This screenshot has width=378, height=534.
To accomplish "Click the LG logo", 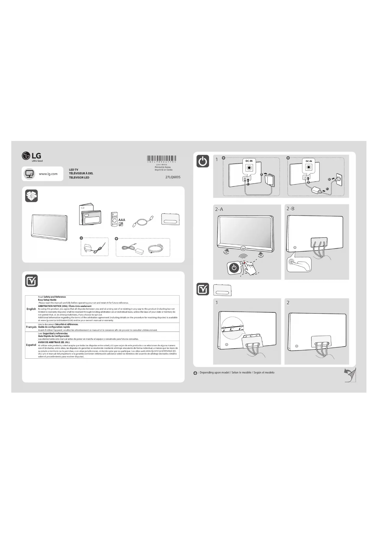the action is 32,156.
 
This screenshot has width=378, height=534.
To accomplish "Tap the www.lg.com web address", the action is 48,174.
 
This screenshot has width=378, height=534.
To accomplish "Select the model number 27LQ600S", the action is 173,177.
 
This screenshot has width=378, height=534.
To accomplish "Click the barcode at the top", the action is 162,159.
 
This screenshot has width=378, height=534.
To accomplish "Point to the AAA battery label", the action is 122,220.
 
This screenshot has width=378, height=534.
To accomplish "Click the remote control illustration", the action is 114,219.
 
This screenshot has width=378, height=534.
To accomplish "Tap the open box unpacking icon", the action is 31,196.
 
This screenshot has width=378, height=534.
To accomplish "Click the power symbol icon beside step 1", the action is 203,161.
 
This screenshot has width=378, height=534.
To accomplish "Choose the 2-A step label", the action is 219,209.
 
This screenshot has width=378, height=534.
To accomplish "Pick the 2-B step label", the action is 290,209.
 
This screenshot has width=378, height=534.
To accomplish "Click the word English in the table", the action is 31,309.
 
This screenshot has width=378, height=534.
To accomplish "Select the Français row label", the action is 31,327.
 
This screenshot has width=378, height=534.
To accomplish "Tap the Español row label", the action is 31,345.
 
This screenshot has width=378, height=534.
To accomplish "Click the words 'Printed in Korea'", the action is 163,167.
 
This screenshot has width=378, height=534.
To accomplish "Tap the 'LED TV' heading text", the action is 74,170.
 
